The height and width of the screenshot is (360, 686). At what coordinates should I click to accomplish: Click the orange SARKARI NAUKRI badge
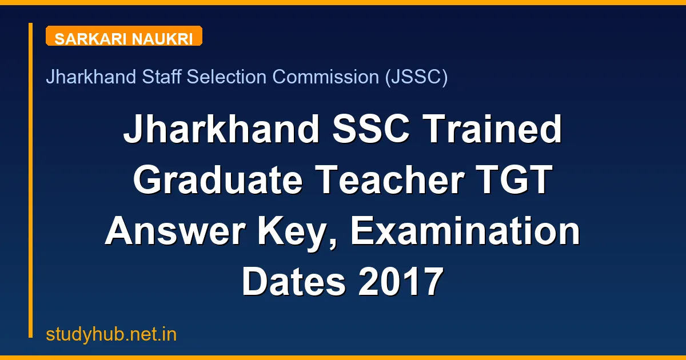coord(123,36)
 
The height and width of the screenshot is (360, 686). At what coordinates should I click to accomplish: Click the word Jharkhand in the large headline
coord(221,130)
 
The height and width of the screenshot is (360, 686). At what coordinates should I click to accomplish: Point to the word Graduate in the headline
coord(219,181)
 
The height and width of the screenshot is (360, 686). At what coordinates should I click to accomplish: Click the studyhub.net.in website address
coord(111,334)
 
